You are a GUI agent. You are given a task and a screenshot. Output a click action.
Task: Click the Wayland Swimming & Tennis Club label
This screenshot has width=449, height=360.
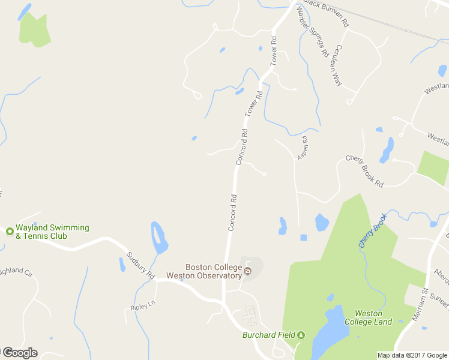[x=52, y=232]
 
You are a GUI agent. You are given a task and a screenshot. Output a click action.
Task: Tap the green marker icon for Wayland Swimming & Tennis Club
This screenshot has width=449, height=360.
[x=10, y=231]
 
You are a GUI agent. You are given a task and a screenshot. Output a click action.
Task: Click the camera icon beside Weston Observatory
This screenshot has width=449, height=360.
[x=248, y=272]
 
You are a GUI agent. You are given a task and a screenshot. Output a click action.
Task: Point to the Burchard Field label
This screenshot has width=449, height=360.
[x=270, y=335]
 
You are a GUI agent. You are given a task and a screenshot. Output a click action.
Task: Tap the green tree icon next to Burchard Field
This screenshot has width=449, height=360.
[x=302, y=335]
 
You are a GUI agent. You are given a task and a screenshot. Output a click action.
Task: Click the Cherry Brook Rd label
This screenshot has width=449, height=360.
[x=364, y=171]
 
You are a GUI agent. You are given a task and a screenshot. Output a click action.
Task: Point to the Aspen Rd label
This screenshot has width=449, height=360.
[x=304, y=148]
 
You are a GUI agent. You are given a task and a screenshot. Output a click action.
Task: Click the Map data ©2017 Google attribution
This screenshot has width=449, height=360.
[x=412, y=355]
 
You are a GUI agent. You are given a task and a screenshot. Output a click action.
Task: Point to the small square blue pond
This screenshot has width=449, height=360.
[x=303, y=238]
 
